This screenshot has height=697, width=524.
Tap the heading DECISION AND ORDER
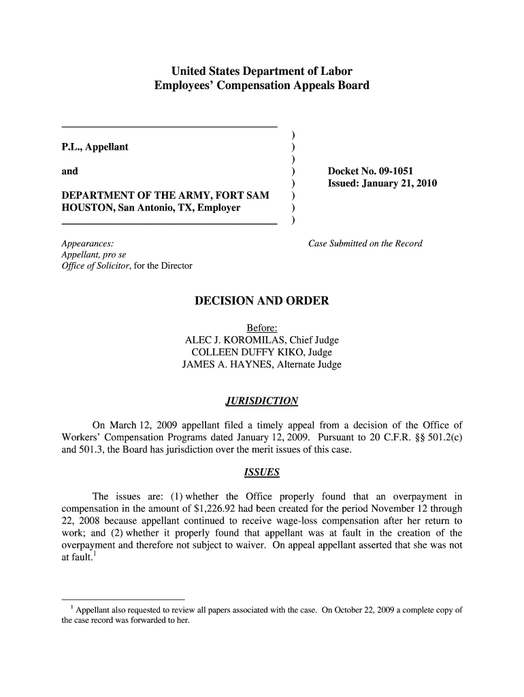261,300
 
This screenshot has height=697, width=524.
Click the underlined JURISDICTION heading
261,400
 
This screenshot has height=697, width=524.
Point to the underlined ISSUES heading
261,472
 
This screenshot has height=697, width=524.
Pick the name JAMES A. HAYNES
225,365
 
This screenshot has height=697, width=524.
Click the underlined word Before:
261,328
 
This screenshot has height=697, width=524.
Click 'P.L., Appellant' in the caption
95,147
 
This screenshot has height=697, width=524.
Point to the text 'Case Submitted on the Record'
365,244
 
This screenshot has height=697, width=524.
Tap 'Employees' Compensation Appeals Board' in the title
261,86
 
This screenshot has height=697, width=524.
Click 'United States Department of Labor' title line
261,71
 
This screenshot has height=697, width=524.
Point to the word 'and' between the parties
69,172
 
